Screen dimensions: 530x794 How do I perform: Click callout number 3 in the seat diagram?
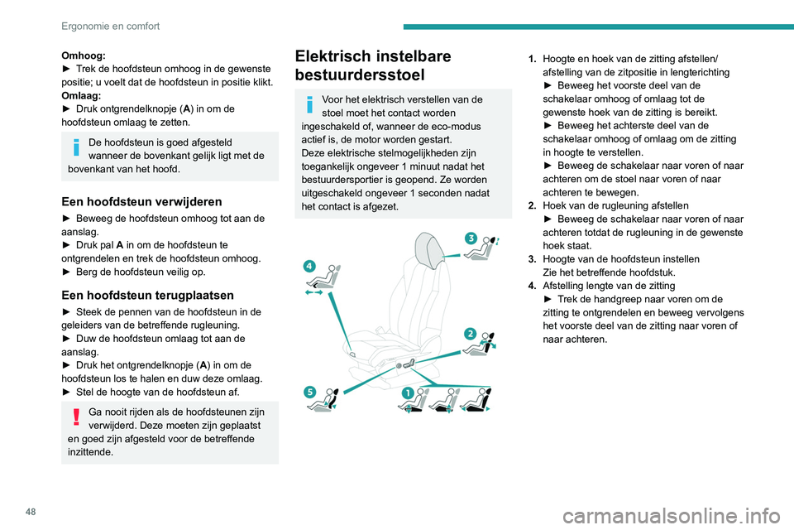point(471,238)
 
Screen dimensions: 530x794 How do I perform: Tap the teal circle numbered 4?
point(309,265)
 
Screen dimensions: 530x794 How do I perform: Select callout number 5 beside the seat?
point(309,392)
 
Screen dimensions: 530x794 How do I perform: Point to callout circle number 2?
point(469,334)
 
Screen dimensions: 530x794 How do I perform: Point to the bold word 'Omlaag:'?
point(79,95)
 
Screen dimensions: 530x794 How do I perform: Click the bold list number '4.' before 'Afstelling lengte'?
point(533,286)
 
